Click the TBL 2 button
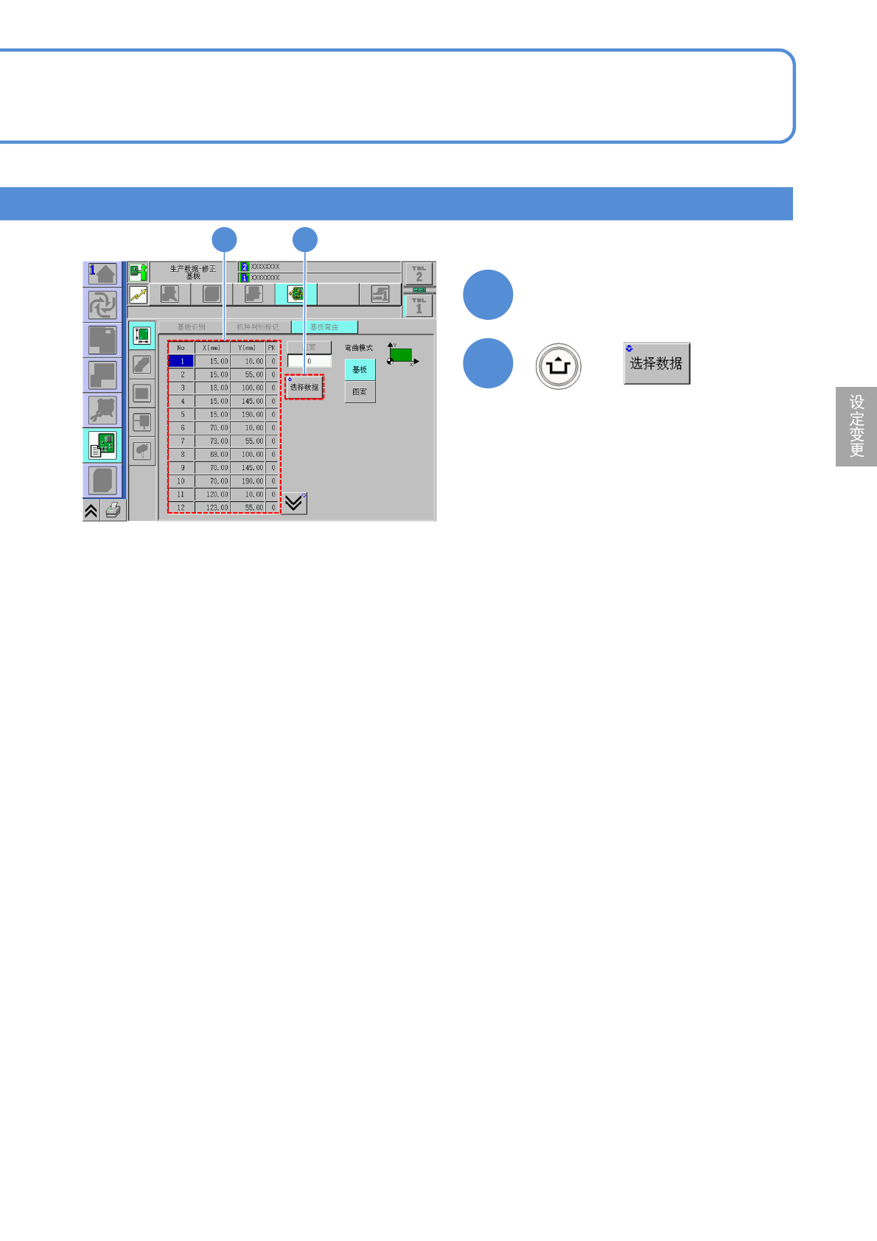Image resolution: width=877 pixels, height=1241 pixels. (x=419, y=274)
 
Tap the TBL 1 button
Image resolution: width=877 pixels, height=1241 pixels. (x=419, y=306)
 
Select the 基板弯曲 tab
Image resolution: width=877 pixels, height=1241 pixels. (x=324, y=326)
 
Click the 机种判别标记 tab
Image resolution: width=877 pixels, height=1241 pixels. (x=257, y=326)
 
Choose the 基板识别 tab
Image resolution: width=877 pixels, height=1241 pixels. (x=191, y=326)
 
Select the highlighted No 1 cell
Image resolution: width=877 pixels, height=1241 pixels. (x=181, y=361)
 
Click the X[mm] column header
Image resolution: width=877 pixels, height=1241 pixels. (x=212, y=348)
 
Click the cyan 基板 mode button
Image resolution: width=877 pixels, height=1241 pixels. (x=360, y=369)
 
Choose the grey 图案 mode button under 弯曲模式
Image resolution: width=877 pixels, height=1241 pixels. (x=360, y=392)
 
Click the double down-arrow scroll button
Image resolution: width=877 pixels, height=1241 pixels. (x=294, y=503)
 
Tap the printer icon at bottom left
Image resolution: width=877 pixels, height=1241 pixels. (x=113, y=510)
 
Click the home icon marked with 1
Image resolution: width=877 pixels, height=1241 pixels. (x=102, y=273)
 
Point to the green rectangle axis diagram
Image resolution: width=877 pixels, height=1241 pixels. (x=402, y=354)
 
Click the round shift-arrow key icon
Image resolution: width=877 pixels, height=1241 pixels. (x=559, y=366)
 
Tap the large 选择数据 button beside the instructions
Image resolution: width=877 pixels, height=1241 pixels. (x=656, y=363)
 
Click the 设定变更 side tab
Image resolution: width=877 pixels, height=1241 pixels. (x=856, y=426)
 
